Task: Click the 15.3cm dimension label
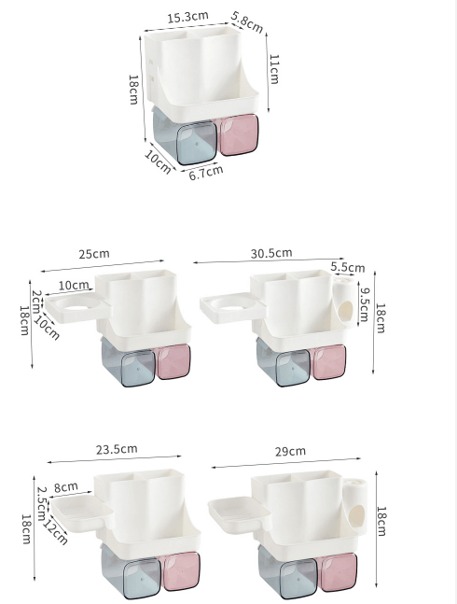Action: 187,18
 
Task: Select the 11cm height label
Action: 273,69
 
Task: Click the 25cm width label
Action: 93,253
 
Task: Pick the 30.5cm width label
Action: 271,253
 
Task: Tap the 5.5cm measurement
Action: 348,267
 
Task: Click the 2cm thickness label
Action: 36,301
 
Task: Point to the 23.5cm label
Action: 117,449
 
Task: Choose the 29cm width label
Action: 290,451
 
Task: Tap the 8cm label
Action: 65,487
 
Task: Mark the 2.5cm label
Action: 41,502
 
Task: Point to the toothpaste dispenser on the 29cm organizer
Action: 355,505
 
